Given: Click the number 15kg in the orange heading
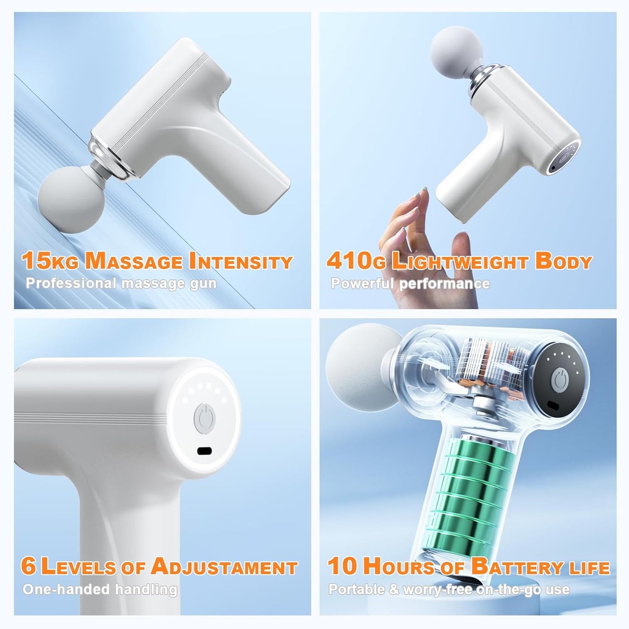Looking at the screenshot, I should click(x=50, y=261).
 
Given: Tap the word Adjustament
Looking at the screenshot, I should click(x=224, y=567).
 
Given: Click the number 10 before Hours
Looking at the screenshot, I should click(x=343, y=566).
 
